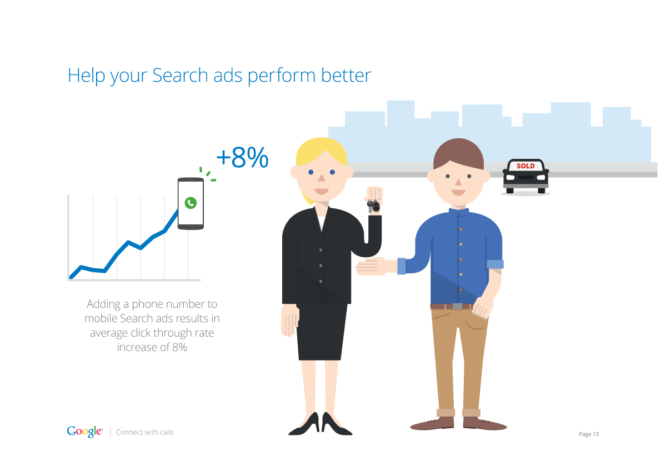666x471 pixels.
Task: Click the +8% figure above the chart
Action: click(242, 158)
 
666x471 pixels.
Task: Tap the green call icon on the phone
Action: click(191, 203)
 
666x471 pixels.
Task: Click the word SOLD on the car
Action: click(525, 166)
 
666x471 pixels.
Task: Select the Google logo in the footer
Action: click(84, 432)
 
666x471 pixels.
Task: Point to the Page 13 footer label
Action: click(589, 434)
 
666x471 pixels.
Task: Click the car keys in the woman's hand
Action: click(373, 206)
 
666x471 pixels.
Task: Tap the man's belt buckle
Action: click(457, 306)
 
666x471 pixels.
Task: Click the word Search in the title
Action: click(179, 75)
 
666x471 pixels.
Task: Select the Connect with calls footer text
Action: click(145, 432)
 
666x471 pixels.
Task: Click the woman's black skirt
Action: click(322, 332)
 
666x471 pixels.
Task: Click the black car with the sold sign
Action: click(526, 176)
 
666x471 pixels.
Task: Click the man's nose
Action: click(458, 182)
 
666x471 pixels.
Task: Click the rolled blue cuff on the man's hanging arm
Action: click(495, 264)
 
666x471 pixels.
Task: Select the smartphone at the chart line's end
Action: click(191, 203)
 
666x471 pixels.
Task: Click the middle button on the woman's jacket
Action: click(321, 265)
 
